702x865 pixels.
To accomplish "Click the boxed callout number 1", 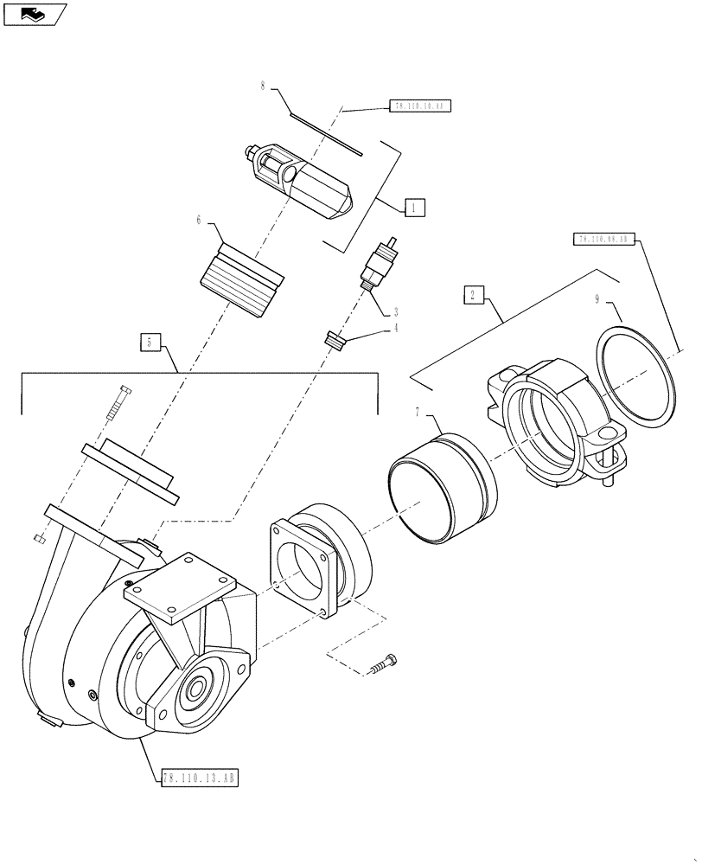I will click(413, 208).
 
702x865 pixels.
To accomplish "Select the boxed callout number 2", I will click(473, 296).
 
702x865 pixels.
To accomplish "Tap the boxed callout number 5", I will click(150, 343).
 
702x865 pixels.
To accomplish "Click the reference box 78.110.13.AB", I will click(199, 778).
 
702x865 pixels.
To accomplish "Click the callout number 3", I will click(395, 311).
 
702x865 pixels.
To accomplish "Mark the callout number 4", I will click(397, 328).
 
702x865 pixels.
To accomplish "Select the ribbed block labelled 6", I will click(240, 279).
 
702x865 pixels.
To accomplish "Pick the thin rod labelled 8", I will click(326, 133).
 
